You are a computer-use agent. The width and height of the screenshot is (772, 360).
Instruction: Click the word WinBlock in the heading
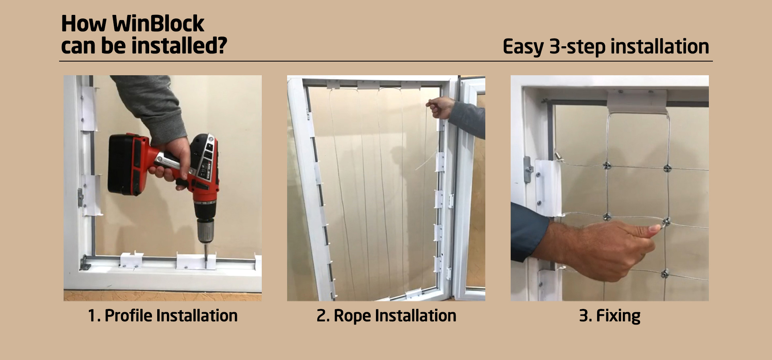(x=158, y=24)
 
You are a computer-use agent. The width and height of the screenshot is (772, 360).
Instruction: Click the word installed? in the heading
(x=179, y=46)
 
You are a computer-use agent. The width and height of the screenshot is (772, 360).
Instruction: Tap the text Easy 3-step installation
(x=606, y=47)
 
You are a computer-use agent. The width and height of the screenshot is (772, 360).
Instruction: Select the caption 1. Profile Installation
(x=162, y=316)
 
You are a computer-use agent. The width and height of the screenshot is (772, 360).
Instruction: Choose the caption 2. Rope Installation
(x=386, y=316)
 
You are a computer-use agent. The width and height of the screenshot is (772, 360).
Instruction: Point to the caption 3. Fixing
(x=610, y=316)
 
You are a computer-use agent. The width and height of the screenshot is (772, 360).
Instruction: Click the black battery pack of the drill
(x=125, y=165)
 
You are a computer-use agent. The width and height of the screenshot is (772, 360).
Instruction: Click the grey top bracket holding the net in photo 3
(x=636, y=101)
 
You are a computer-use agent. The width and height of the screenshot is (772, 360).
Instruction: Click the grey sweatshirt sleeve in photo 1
(x=153, y=105)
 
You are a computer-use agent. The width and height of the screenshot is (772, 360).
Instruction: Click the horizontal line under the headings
(x=386, y=61)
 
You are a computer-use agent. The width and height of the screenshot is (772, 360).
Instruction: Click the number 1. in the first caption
(x=94, y=316)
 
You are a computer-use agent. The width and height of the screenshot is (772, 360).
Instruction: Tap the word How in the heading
(x=84, y=24)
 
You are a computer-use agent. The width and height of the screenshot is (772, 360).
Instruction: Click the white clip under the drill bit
(x=196, y=261)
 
